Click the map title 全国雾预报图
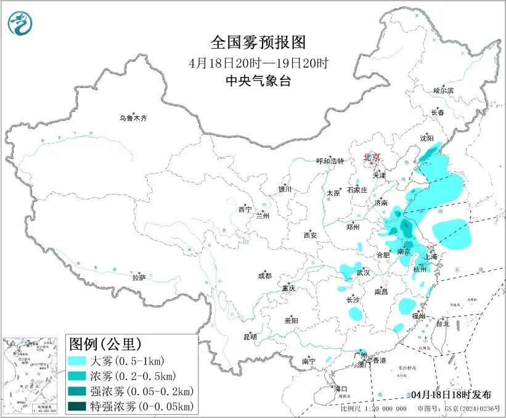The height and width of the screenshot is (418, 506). click(258, 42)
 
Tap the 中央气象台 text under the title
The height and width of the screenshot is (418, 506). click(258, 81)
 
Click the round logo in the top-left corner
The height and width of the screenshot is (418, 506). click(20, 23)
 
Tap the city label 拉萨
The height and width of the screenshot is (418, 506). click(139, 278)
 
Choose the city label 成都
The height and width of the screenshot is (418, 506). click(265, 276)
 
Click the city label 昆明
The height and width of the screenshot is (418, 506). click(250, 337)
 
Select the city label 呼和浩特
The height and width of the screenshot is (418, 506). click(330, 161)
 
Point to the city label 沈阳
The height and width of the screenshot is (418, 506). click(427, 139)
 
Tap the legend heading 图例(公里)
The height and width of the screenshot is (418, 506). click(105, 344)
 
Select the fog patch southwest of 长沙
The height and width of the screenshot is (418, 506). click(356, 313)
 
